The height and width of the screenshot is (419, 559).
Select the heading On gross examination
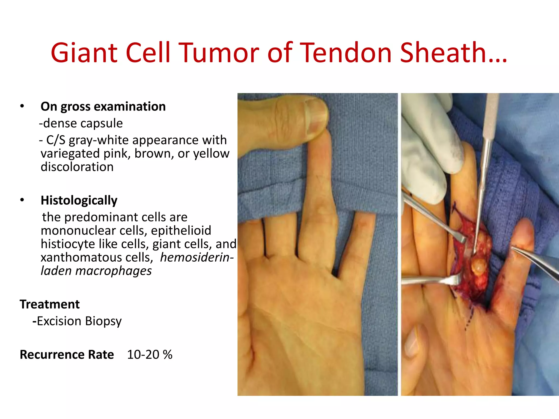(x=103, y=107)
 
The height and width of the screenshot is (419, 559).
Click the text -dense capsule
(x=81, y=123)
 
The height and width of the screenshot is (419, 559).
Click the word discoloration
(x=77, y=167)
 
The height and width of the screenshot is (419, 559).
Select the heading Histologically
(x=79, y=200)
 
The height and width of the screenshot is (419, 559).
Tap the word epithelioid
(x=181, y=231)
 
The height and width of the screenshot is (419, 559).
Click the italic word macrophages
(x=113, y=271)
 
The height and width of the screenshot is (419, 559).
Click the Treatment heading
(x=50, y=304)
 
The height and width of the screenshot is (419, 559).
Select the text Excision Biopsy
(x=79, y=321)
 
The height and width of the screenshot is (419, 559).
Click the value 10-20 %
(x=150, y=355)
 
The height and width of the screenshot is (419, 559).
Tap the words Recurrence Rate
(x=67, y=355)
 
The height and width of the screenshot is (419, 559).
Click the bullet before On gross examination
(x=22, y=106)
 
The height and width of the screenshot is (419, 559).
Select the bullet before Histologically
(x=22, y=200)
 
